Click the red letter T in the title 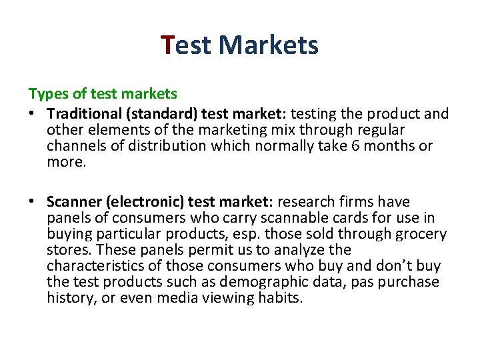pos(168,45)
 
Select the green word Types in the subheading pos(46,93)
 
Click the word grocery pos(422,234)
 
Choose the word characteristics pos(94,266)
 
